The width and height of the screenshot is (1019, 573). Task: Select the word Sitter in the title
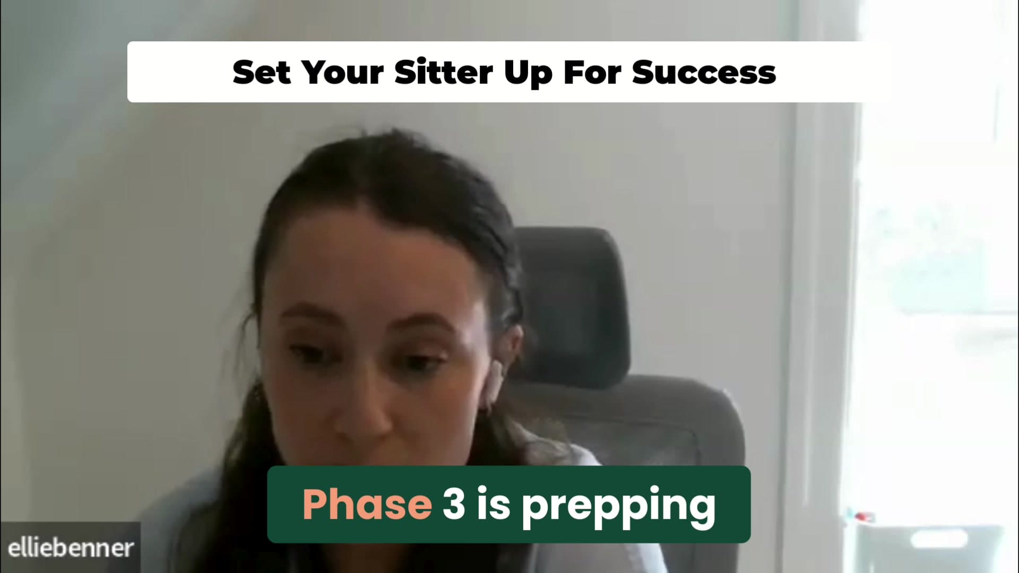click(x=444, y=72)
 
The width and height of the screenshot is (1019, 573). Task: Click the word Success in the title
click(x=704, y=72)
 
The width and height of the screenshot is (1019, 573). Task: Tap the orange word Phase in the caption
click(x=367, y=503)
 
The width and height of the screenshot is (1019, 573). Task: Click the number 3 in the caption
click(x=454, y=504)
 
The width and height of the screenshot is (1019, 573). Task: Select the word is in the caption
click(x=494, y=503)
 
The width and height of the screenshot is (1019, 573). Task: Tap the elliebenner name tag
click(x=70, y=548)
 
